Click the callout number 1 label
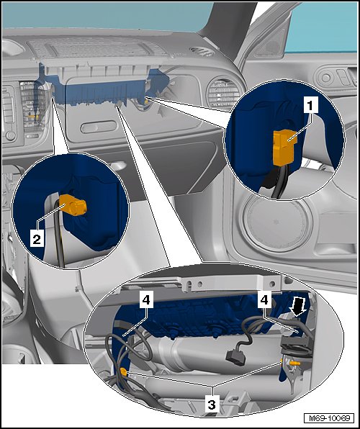pos(310,106)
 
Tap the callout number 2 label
pos(37,240)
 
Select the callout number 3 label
pos(212,405)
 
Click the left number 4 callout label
pos(146,299)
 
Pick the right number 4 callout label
pos(264,299)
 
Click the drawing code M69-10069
pos(329,417)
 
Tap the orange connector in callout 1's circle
pos(284,147)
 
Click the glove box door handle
pos(99,127)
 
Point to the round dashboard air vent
pos(224,94)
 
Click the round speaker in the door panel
pos(276,222)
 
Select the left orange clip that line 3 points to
pos(123,372)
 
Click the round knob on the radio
pos(10,135)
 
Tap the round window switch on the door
pos(325,78)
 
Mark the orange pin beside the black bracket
pos(296,363)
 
